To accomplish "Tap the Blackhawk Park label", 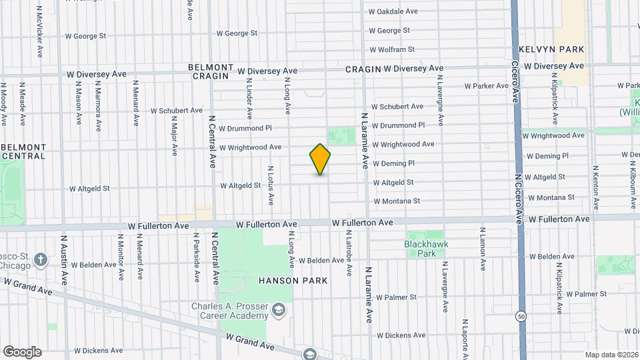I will (x=426, y=249).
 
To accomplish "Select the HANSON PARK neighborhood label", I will (x=293, y=281).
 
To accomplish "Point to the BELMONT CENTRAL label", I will (x=24, y=151).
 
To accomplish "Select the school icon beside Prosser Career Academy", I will (x=279, y=309).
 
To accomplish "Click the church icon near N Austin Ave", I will (x=40, y=259).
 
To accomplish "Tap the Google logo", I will (x=22, y=352).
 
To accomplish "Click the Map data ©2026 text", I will (x=611, y=355).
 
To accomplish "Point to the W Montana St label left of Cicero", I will (x=397, y=201).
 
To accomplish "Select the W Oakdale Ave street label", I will (x=393, y=11).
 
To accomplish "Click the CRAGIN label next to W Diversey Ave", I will (x=363, y=69).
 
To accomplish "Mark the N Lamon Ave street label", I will (x=481, y=249).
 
